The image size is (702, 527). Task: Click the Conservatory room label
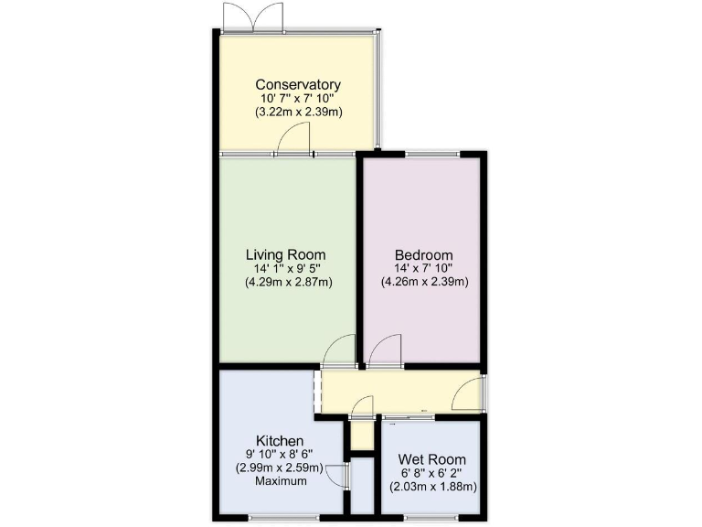tap(298, 85)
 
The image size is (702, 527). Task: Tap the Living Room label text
tap(286, 254)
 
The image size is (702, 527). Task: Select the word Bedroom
tap(423, 254)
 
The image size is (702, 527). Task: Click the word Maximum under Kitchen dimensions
tap(281, 481)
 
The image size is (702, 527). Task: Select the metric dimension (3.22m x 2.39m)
tap(298, 113)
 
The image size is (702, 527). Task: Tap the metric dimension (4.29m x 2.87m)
tap(287, 282)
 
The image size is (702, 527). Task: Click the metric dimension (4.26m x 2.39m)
tap(424, 282)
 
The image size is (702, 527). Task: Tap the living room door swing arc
tap(340, 351)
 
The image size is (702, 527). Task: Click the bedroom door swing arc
tap(384, 351)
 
